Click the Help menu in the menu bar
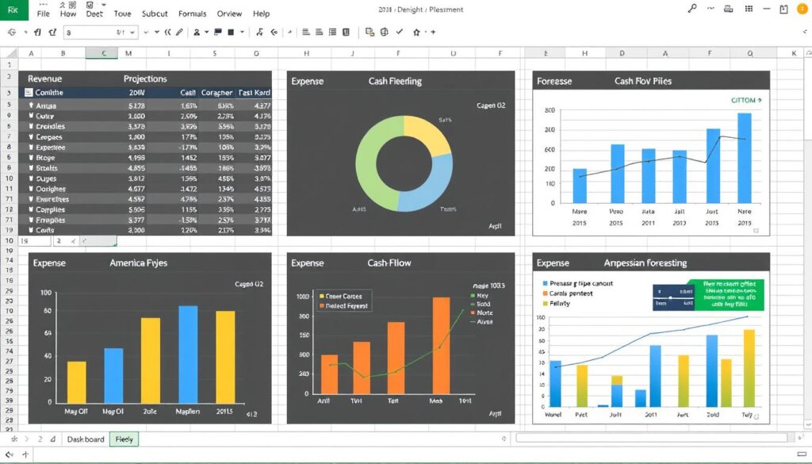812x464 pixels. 260,13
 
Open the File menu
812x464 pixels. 43,13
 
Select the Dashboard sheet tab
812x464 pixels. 86,439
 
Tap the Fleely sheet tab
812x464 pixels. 124,439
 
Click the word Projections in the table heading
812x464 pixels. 145,79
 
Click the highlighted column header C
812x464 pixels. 104,53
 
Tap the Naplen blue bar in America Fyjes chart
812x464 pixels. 188,354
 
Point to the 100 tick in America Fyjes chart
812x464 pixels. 45,293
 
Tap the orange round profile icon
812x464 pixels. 784,10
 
